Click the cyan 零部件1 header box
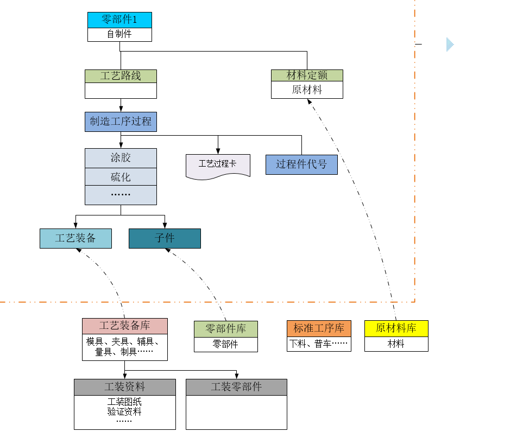click(119, 20)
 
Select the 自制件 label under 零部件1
click(119, 34)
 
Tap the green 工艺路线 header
click(121, 76)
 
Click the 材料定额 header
click(307, 75)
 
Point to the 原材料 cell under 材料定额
click(307, 90)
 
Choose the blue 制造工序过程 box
click(121, 122)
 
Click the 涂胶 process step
click(121, 158)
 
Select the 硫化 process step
click(121, 177)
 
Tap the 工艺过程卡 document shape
click(218, 164)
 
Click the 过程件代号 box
click(301, 164)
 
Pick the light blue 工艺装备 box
click(75, 238)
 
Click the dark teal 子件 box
click(165, 238)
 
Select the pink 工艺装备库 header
click(125, 326)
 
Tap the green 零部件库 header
click(225, 329)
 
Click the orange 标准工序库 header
click(319, 328)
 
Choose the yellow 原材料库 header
click(396, 328)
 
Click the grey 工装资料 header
click(125, 387)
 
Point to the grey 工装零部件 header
click(236, 387)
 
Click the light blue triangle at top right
click(449, 45)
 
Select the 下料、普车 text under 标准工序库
click(319, 344)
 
